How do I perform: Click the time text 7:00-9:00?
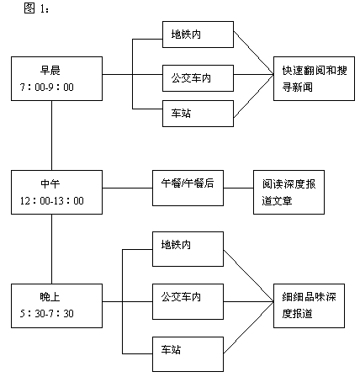pos(47,88)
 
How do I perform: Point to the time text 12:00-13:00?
pos(52,201)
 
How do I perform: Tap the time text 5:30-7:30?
pos(47,314)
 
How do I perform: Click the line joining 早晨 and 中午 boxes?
pos(52,135)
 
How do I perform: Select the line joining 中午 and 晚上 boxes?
pos(52,249)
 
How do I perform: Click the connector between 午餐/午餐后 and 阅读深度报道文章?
pos(239,188)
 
